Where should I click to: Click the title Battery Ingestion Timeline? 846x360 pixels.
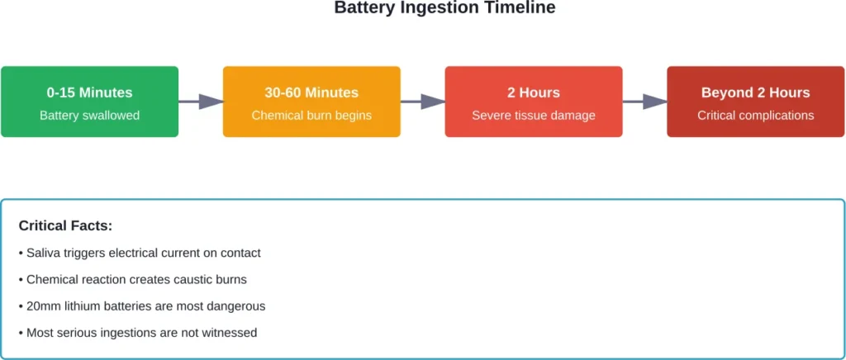[x=444, y=8]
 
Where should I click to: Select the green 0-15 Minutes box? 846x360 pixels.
[x=89, y=102]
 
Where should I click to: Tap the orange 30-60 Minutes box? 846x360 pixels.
[x=311, y=102]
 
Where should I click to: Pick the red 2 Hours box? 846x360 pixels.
[x=534, y=102]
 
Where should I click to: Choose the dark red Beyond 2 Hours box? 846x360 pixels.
[x=755, y=102]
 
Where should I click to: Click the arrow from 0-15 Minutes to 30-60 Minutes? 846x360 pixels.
[x=201, y=102]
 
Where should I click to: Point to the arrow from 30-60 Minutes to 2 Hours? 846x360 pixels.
[x=423, y=102]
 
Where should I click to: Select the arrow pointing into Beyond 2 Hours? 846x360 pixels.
[x=644, y=102]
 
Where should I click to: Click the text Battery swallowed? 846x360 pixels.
[x=89, y=116]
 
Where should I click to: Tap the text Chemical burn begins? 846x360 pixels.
[x=311, y=116]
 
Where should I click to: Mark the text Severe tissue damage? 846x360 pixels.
[x=534, y=116]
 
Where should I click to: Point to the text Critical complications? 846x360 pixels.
[x=755, y=116]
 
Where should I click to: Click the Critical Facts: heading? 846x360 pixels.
[x=65, y=225]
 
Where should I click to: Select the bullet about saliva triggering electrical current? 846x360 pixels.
[x=140, y=253]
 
